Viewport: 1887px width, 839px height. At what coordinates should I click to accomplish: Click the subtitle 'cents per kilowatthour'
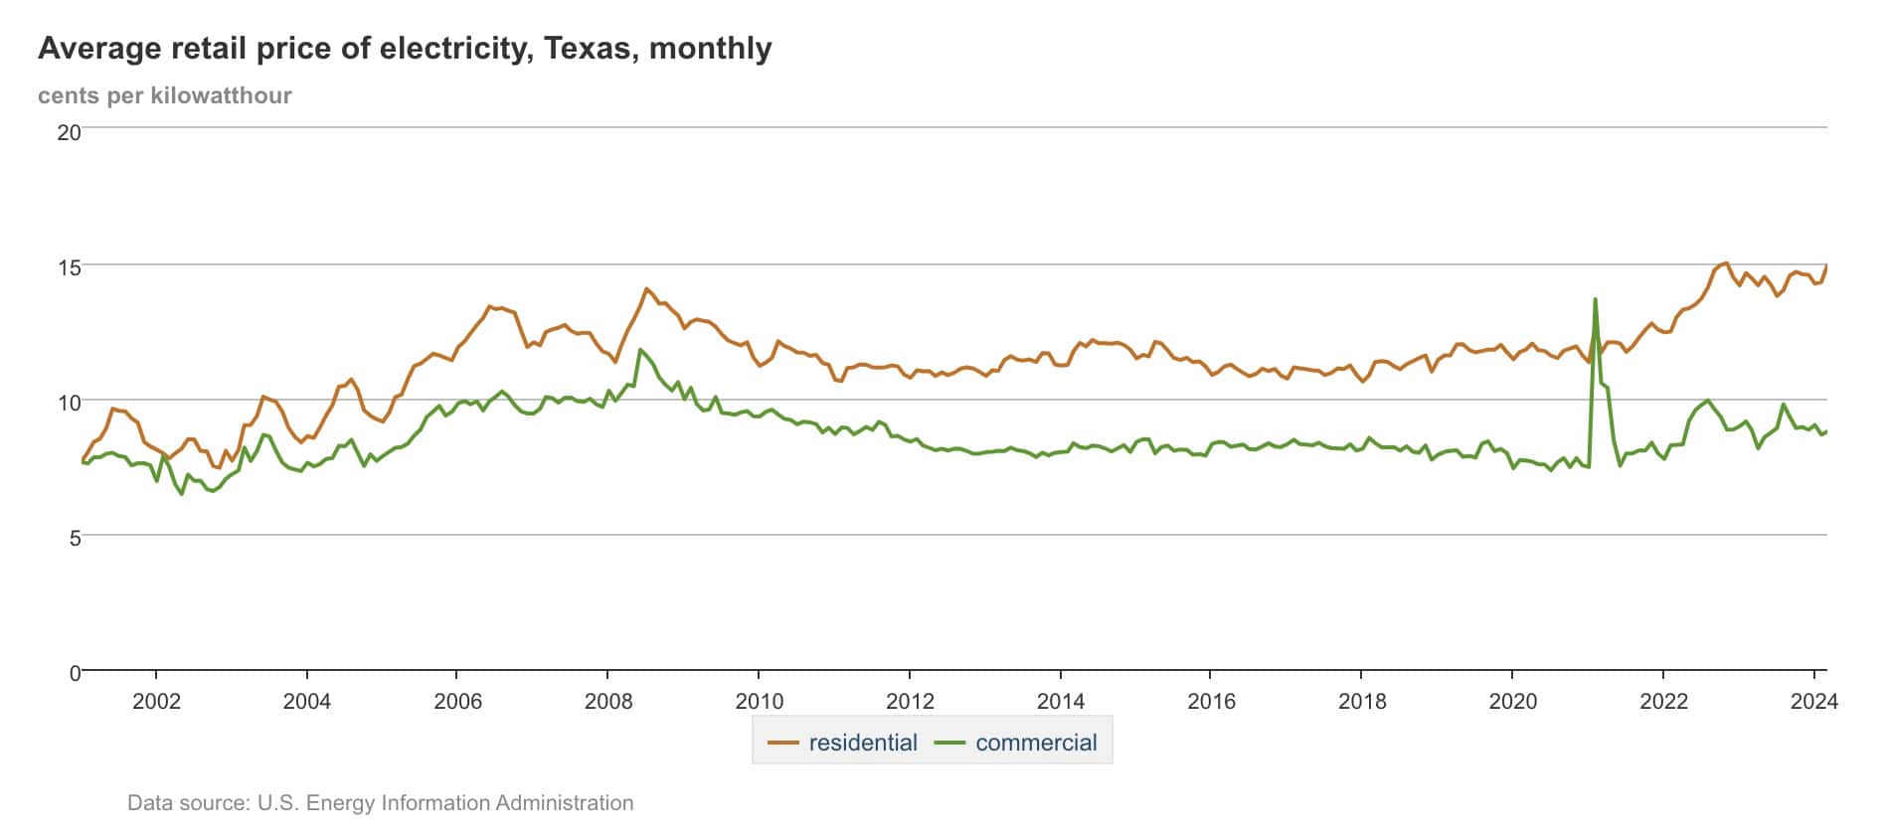click(165, 95)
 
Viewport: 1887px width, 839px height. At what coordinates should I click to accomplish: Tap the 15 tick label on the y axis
click(69, 267)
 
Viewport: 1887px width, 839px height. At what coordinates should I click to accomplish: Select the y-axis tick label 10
click(69, 403)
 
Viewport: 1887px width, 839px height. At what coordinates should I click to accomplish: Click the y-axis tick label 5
click(75, 538)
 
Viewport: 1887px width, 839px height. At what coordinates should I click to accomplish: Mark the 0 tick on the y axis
click(75, 673)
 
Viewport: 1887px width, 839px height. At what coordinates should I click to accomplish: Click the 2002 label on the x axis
click(156, 702)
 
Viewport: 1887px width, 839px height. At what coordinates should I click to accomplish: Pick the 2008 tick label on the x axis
click(608, 702)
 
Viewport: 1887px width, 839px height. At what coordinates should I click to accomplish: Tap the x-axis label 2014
click(1061, 702)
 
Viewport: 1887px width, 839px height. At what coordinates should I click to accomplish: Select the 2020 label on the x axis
click(1512, 702)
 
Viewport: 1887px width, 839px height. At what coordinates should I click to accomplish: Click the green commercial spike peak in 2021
click(1595, 299)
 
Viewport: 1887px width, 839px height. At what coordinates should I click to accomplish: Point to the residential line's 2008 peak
click(646, 289)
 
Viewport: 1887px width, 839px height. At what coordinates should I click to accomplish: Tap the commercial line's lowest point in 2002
click(181, 493)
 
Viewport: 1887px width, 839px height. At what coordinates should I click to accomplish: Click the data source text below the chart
click(380, 802)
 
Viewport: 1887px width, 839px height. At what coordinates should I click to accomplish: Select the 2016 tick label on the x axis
click(1211, 702)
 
